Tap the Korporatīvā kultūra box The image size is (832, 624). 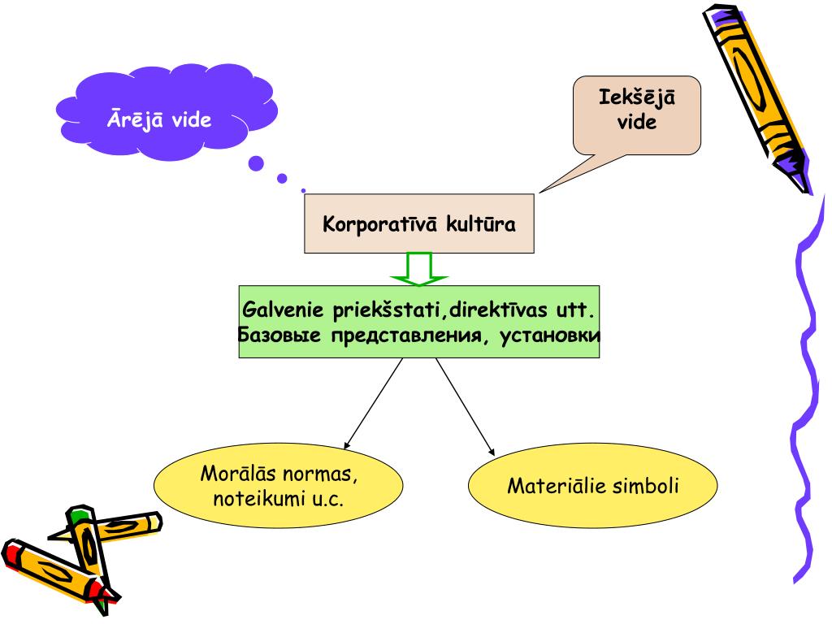click(x=419, y=223)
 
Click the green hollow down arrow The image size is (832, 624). click(x=419, y=269)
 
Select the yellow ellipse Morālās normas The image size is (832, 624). click(x=278, y=486)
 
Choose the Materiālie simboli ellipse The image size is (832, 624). click(x=593, y=486)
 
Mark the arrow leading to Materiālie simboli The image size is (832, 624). click(x=465, y=406)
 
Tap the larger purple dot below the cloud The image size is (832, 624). click(x=257, y=164)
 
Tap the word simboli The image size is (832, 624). click(x=647, y=486)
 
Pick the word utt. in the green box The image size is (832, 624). click(x=581, y=310)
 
